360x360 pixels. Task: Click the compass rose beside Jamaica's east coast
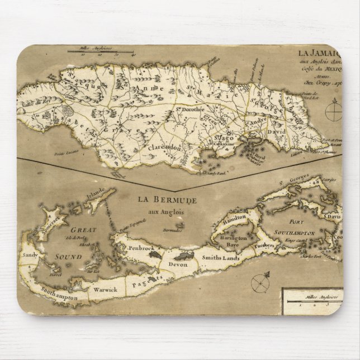(334, 112)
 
